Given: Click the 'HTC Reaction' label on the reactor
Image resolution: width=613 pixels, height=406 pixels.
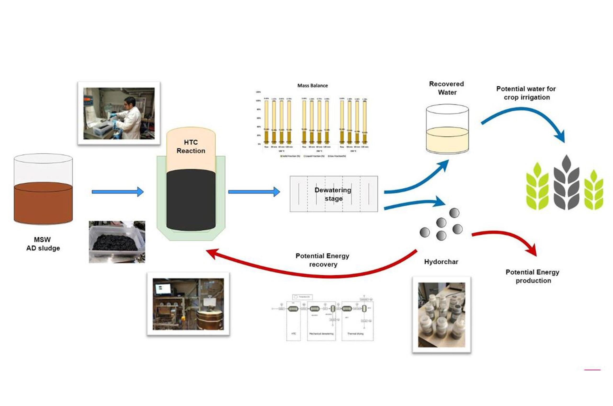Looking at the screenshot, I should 191,147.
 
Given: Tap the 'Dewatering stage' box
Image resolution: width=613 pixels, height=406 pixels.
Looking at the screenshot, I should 333,194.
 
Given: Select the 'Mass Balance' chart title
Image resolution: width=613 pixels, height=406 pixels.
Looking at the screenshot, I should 312,85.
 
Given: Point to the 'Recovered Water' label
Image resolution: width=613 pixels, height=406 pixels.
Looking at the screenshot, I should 447,88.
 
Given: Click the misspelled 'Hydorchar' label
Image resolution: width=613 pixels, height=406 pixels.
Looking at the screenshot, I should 441,262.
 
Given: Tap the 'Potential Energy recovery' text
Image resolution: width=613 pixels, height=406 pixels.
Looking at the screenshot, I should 323,260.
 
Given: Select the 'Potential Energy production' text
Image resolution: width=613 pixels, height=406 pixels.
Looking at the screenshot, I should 533,276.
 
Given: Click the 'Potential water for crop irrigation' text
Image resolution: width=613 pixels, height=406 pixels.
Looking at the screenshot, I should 526,93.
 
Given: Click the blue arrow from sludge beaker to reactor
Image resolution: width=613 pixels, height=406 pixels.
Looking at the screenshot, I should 117,192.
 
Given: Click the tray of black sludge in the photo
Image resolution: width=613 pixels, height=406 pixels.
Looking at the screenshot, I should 115,242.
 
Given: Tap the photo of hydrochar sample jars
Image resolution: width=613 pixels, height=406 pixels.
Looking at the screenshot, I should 441,315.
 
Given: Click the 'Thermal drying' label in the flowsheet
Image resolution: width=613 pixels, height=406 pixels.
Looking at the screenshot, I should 355,334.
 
